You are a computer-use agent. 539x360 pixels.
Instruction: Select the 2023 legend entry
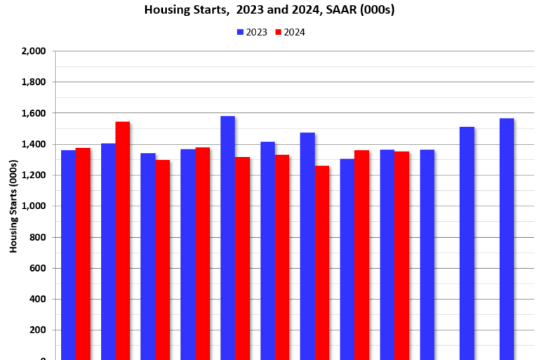pos(252,32)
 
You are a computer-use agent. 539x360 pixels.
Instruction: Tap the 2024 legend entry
pos(289,32)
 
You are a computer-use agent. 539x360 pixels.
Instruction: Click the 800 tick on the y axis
pos(36,237)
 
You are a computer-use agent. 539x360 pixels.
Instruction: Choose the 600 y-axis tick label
pos(36,268)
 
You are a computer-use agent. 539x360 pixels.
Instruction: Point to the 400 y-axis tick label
pos(36,299)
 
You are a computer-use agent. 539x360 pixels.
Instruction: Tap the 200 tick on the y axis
pos(36,330)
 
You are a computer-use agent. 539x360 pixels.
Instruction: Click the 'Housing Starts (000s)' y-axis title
pos(13,205)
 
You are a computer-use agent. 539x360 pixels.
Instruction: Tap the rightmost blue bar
pos(507,239)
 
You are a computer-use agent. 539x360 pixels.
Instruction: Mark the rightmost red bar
pos(401,255)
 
